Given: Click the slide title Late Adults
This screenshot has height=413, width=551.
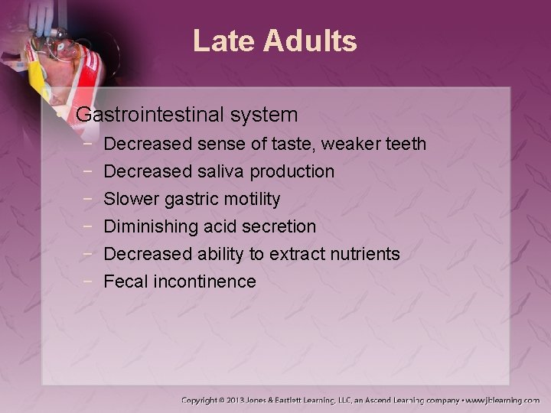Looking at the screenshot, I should coord(275,41).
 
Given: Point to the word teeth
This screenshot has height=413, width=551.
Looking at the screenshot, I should coord(405,144).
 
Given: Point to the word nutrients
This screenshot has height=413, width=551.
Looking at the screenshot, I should coord(364,254).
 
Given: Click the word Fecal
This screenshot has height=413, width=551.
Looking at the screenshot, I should coord(126,281).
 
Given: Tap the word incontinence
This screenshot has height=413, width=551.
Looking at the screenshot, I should coord(204,281).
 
